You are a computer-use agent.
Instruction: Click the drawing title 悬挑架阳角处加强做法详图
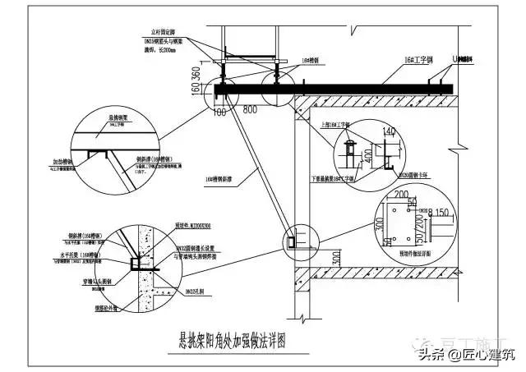pos(238,336)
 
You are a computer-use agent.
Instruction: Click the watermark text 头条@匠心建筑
pos(466,354)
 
